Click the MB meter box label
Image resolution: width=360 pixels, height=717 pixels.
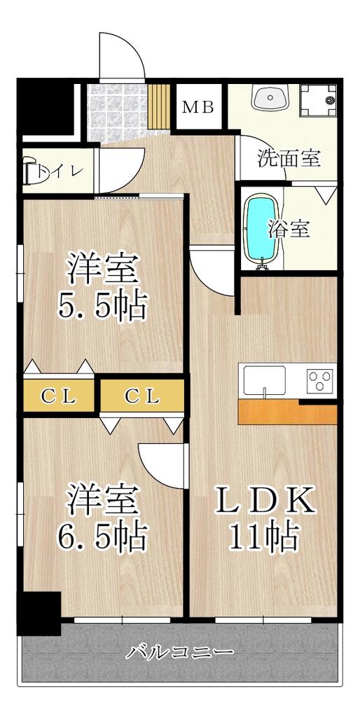(198, 107)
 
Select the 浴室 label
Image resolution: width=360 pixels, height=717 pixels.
(289, 229)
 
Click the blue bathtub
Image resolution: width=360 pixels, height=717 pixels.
(261, 231)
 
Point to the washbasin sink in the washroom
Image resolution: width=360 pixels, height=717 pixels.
(270, 97)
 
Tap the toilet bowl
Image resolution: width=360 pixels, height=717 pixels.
(33, 171)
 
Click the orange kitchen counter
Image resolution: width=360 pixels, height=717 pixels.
(287, 412)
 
